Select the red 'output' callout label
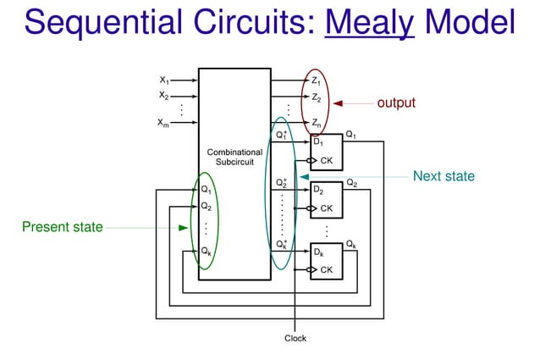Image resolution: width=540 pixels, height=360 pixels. (x=396, y=102)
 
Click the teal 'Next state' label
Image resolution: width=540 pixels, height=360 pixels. (x=444, y=176)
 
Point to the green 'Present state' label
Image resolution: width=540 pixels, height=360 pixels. (x=62, y=227)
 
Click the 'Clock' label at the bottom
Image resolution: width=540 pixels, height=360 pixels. (x=295, y=338)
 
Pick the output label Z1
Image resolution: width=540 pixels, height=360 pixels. (x=315, y=80)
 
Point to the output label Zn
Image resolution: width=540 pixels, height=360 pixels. (x=315, y=124)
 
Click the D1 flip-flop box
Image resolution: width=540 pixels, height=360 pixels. (x=326, y=152)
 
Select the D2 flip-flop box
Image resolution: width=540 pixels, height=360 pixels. (x=326, y=198)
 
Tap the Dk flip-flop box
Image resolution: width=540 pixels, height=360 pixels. (x=326, y=261)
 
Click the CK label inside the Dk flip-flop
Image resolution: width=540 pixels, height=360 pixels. (x=326, y=270)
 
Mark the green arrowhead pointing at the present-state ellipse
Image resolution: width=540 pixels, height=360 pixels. (x=184, y=227)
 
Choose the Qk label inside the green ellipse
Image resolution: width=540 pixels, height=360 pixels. (x=207, y=252)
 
